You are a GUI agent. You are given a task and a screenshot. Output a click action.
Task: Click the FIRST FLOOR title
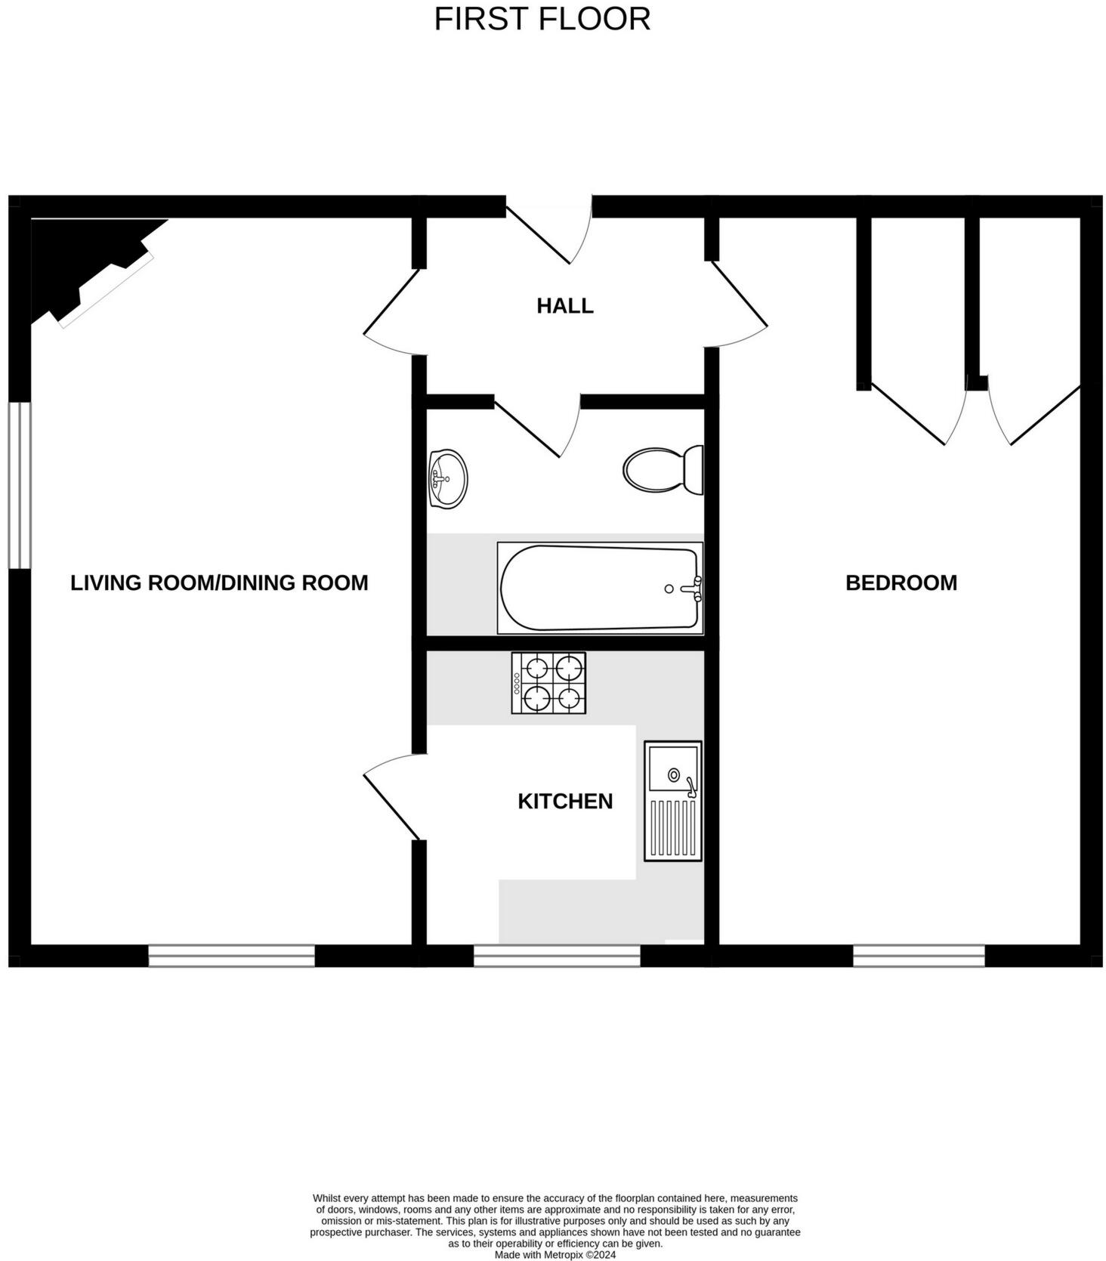coord(542,19)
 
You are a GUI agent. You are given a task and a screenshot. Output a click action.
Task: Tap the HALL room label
coord(564,306)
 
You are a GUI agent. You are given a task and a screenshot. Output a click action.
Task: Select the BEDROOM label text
coord(901,583)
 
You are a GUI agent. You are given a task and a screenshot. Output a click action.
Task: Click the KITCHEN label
coord(564,801)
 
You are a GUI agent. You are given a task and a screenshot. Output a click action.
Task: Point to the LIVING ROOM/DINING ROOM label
coord(219,583)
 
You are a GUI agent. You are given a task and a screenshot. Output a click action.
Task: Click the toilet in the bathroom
coord(663,470)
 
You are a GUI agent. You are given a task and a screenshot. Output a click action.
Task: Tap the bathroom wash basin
coord(447,478)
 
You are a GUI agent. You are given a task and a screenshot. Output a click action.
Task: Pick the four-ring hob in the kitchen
coord(548,683)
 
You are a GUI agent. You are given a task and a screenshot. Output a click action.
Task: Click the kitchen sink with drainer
coord(672,801)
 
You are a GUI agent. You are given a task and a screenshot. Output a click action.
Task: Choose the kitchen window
coord(557,956)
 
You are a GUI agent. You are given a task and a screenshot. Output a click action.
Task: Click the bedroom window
coord(919,956)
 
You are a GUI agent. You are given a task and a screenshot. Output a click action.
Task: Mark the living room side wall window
coord(20,485)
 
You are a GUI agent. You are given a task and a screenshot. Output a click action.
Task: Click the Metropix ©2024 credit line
coord(555,1255)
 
